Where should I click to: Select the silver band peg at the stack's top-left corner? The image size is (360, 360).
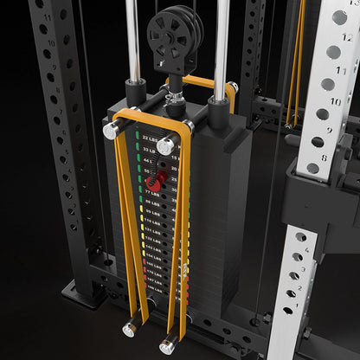coord(112,130)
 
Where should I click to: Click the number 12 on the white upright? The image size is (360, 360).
coord(338,17)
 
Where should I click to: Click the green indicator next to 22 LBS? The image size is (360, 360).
coord(137,136)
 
